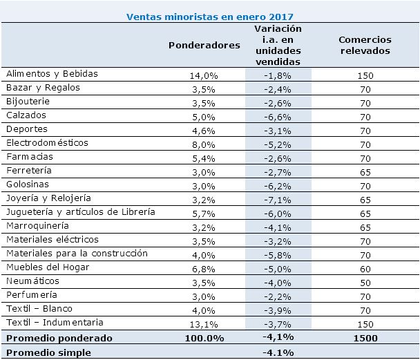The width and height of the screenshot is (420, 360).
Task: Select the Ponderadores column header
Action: coord(204,44)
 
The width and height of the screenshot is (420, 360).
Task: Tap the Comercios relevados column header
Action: coord(365,45)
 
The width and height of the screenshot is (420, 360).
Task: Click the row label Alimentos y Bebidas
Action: coord(52,73)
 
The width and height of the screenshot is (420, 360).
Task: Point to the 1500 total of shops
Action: coord(365,339)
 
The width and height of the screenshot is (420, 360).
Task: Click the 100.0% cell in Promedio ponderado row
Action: coord(204,339)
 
